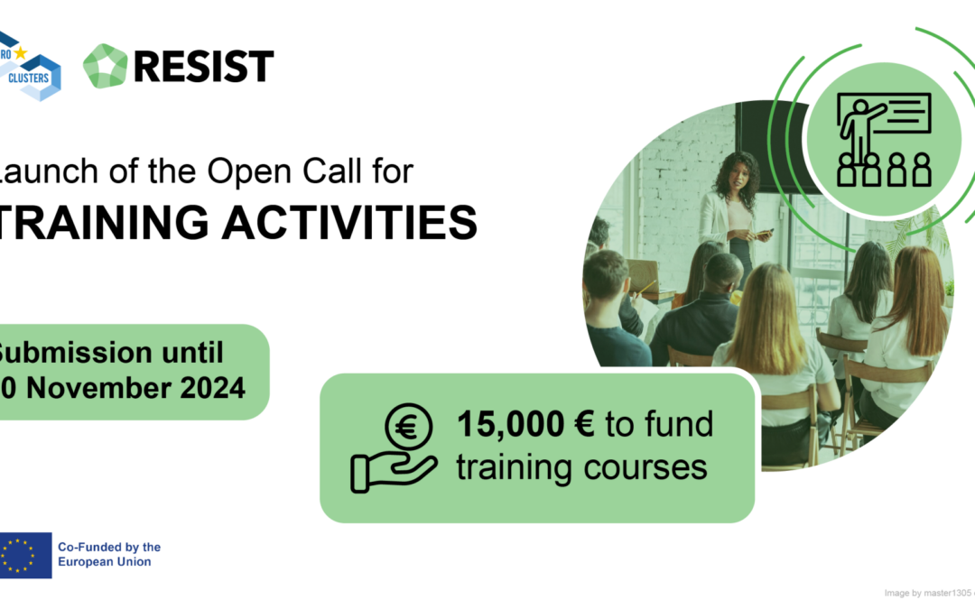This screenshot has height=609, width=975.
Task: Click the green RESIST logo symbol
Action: tap(105, 66)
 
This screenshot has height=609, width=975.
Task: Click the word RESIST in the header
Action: tap(205, 67)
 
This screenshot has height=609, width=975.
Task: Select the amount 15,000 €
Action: tap(525, 423)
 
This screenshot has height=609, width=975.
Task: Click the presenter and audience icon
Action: tap(884, 140)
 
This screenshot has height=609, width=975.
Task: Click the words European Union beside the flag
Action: tap(104, 562)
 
